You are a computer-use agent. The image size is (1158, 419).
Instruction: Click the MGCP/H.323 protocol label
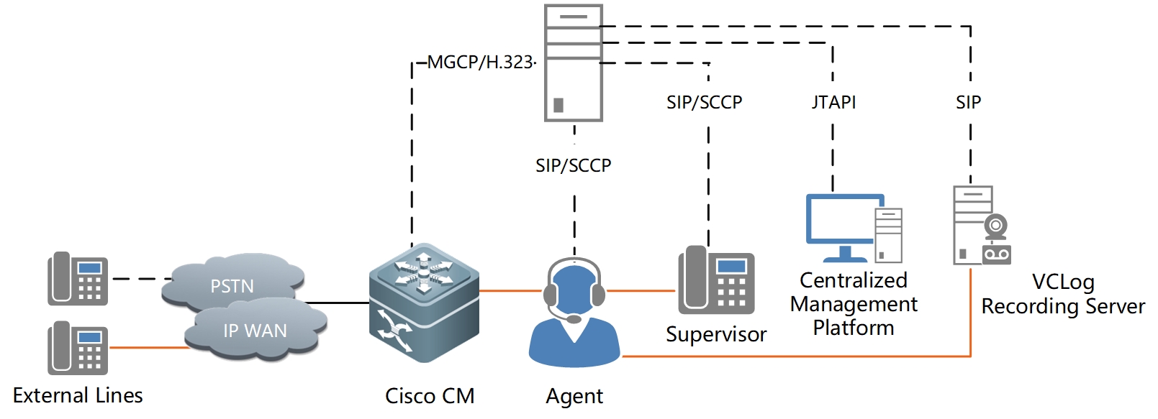click(x=480, y=63)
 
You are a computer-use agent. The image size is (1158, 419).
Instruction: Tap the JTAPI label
click(x=833, y=103)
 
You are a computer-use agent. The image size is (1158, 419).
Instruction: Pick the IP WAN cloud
click(x=255, y=331)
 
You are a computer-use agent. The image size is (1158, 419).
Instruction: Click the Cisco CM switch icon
click(x=424, y=303)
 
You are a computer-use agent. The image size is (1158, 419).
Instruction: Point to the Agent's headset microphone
click(x=574, y=318)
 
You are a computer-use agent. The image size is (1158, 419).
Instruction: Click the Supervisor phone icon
click(x=716, y=280)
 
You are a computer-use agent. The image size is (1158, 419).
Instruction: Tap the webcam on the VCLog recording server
click(x=996, y=226)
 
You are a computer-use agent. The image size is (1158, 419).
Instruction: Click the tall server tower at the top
click(x=574, y=63)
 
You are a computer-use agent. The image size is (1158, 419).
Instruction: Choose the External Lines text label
click(x=78, y=395)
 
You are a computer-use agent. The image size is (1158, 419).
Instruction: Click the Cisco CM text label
click(x=430, y=396)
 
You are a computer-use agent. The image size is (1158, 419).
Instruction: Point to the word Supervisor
click(x=716, y=334)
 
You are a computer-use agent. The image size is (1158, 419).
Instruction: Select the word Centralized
click(x=854, y=280)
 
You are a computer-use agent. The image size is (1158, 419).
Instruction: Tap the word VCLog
click(x=1063, y=282)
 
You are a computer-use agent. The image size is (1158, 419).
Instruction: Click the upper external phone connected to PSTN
click(x=78, y=279)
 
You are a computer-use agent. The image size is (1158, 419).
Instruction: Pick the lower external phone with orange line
click(x=78, y=348)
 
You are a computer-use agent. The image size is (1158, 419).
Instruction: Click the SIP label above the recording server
click(x=969, y=103)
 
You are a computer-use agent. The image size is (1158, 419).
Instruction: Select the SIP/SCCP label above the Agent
click(x=574, y=166)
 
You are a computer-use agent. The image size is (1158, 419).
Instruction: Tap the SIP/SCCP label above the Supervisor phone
click(x=705, y=103)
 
